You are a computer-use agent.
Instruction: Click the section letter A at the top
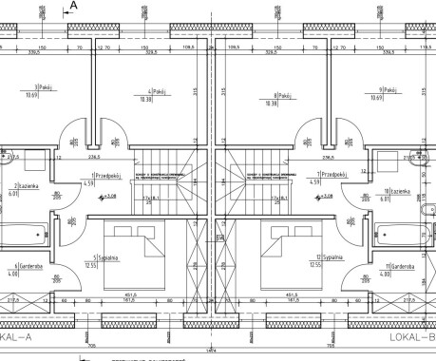point(74,6)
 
